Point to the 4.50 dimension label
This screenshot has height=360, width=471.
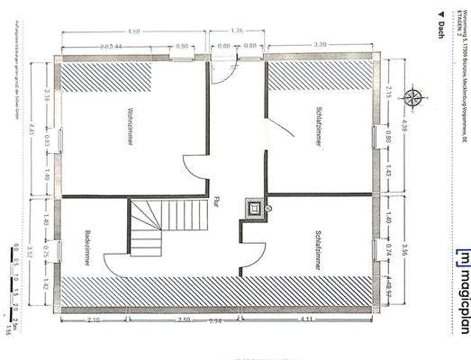coord(134,32)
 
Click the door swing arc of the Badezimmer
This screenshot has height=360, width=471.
coord(117,265)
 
